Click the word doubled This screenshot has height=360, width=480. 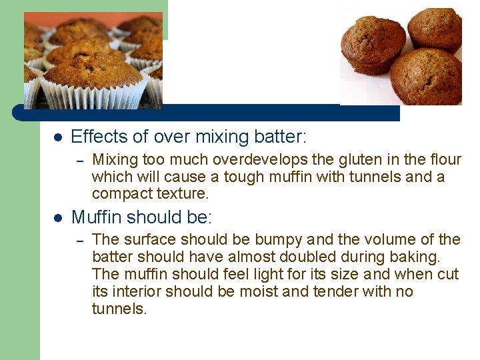pos(317,257)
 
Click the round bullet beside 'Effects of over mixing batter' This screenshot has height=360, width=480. pos(58,137)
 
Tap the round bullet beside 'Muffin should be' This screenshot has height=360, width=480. pos(58,217)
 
